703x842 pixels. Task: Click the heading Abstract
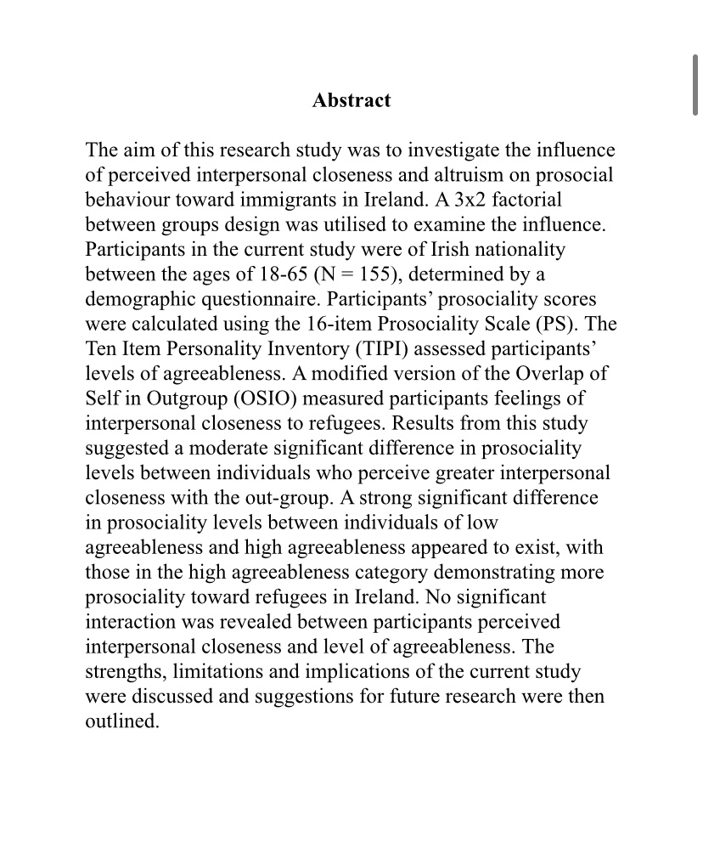pyautogui.click(x=351, y=100)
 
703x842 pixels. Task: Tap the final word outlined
pyautogui.click(x=121, y=721)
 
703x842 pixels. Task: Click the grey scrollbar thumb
pyautogui.click(x=696, y=85)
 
